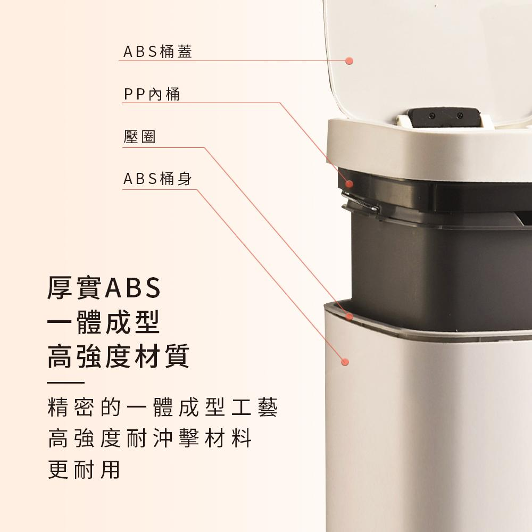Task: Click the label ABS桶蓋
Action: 158,52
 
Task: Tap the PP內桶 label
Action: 152,94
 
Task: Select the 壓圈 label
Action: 139,137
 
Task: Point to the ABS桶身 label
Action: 158,179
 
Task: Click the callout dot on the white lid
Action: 349,61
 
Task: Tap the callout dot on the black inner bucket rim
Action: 349,184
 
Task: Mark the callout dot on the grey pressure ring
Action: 349,317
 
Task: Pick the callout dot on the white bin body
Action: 345,362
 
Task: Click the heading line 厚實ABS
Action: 104,288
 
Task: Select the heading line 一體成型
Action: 103,322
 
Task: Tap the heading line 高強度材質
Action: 118,356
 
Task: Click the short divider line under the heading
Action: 65,383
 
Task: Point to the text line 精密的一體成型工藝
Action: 163,407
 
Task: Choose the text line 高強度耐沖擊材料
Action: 149,438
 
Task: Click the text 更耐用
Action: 84,470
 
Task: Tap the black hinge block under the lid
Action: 444,117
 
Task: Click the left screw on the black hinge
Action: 432,115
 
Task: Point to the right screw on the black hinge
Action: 460,115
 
